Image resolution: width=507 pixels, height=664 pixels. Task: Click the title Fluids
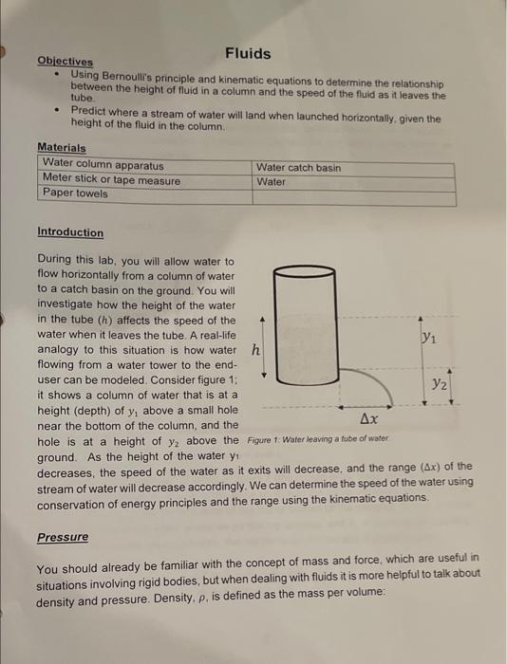248,53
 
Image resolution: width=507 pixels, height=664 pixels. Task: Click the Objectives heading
58,62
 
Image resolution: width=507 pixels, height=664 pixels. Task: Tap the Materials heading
61,148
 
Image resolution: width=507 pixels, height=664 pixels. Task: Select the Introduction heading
70,232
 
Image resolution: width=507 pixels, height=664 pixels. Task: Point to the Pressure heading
63,537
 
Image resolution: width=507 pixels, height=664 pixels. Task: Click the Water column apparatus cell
103,165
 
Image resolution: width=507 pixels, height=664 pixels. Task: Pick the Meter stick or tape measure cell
111,180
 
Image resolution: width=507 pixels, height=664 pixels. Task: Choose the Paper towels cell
75,194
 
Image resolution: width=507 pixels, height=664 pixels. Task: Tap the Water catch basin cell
298,168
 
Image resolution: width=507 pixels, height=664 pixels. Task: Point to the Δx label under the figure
369,418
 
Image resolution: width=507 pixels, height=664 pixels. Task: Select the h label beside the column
254,349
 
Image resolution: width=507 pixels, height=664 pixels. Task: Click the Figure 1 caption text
318,439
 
